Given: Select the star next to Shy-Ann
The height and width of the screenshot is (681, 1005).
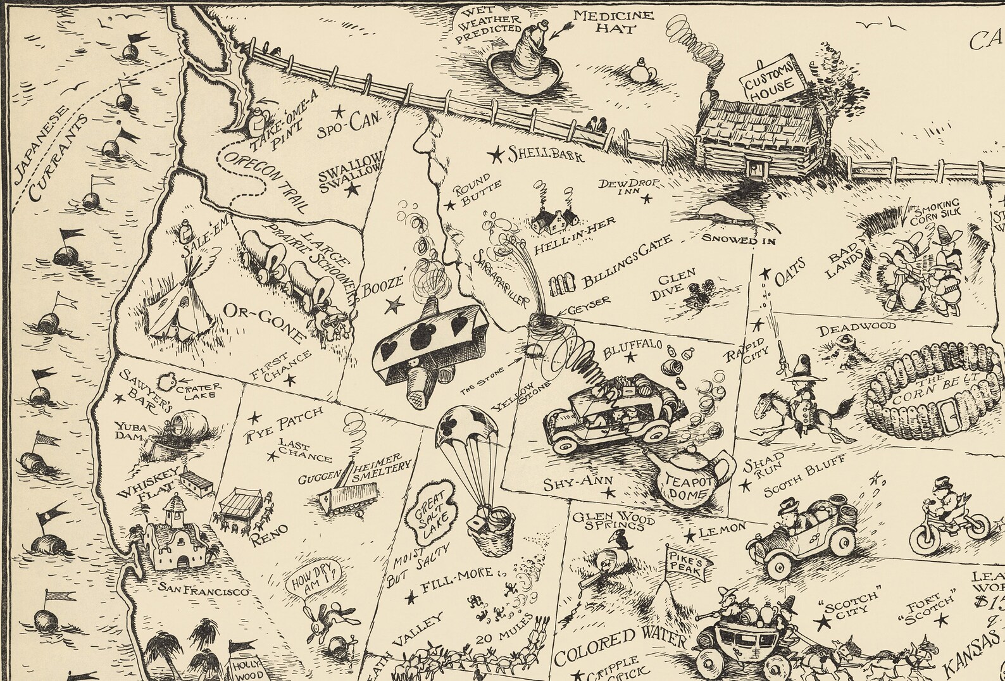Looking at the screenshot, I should [x=609, y=492].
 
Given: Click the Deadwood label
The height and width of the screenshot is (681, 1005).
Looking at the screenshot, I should [x=857, y=329].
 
